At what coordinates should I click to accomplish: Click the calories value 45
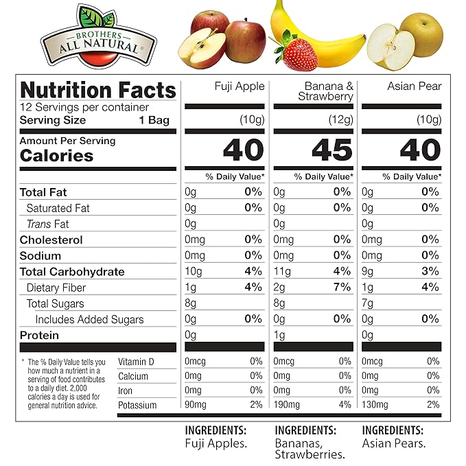[x=332, y=150]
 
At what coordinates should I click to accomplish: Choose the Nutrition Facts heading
[x=98, y=90]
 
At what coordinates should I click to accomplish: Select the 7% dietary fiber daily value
[x=342, y=288]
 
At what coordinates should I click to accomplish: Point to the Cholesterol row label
[x=51, y=240]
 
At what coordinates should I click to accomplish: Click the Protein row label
[x=39, y=336]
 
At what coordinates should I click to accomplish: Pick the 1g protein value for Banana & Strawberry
[x=279, y=336]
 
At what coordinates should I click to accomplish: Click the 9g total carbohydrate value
[x=368, y=272]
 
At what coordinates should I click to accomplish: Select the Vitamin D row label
[x=137, y=362]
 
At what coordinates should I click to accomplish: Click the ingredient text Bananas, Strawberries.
[x=308, y=448]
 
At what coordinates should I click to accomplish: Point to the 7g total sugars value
[x=368, y=303]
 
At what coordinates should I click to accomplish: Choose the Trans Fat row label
[x=48, y=224]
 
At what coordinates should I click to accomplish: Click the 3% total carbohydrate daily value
[x=430, y=272]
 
